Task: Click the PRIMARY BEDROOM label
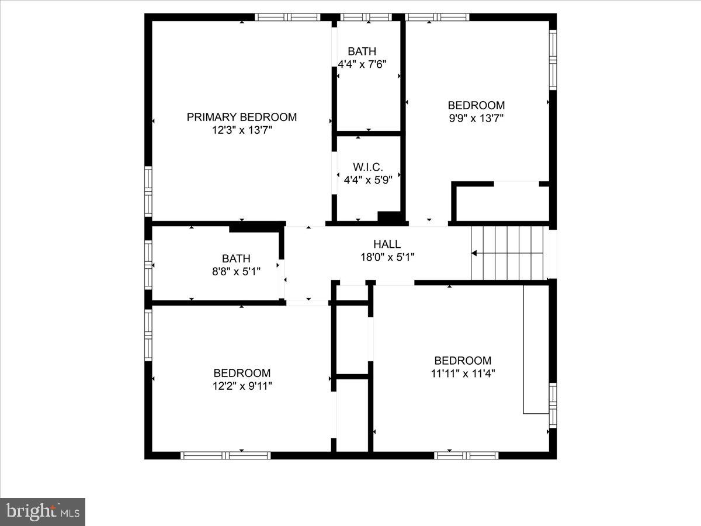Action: tap(241, 117)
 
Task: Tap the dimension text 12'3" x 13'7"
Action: tap(242, 130)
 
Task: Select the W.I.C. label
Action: tap(367, 167)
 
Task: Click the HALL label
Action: tap(387, 244)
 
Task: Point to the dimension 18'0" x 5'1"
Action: tap(387, 257)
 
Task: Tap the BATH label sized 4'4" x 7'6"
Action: tap(362, 51)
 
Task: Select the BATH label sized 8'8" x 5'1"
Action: tap(236, 258)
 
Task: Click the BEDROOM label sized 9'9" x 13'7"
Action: tap(476, 105)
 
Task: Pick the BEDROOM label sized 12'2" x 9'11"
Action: tap(242, 373)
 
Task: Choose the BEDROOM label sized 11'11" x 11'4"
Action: tap(463, 361)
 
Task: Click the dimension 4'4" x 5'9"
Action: tap(367, 180)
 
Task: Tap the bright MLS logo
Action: tap(43, 511)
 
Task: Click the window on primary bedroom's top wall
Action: tap(289, 17)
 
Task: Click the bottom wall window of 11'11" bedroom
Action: tap(466, 455)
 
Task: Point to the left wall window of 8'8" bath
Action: tap(148, 265)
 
